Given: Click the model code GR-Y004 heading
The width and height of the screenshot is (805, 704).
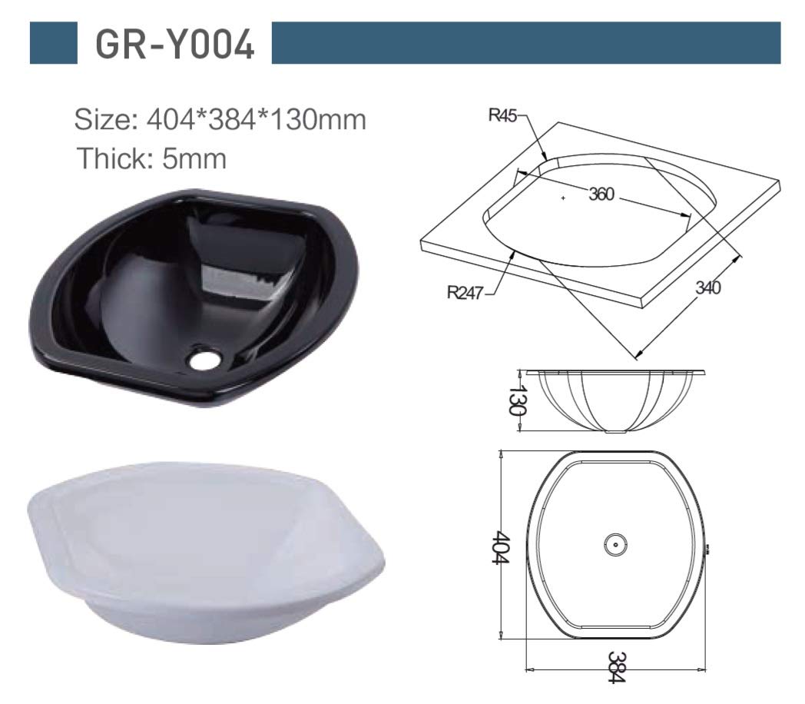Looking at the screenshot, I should click(x=174, y=44).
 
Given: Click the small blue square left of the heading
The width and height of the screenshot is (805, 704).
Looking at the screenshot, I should click(x=54, y=43).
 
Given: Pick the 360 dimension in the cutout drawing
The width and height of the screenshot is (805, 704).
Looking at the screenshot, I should click(x=601, y=194).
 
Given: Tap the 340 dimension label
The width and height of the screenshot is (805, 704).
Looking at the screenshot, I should click(x=707, y=288).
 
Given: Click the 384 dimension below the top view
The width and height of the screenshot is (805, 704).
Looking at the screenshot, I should click(x=615, y=667).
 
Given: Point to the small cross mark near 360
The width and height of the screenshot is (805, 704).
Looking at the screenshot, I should click(x=563, y=198).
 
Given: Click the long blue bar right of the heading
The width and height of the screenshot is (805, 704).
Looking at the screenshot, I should click(x=526, y=43).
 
